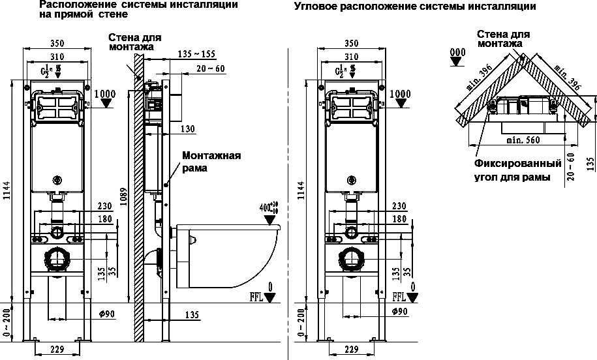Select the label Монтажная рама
(211, 162)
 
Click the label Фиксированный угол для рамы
(517, 170)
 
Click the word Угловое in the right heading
(314, 7)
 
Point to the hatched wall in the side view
(138, 196)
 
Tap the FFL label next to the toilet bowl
(256, 297)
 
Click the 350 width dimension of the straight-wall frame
(58, 44)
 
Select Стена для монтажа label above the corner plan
(502, 38)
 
